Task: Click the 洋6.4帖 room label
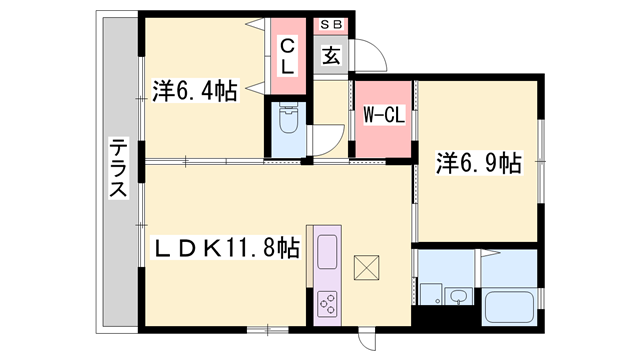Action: [x=195, y=92]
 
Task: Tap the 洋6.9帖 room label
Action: [x=479, y=163]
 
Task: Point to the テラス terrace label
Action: [x=117, y=168]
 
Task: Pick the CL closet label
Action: [x=286, y=56]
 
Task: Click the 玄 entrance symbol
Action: [x=331, y=56]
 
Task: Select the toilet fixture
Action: [x=288, y=126]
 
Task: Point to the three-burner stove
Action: [x=328, y=302]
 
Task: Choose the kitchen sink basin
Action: [x=328, y=251]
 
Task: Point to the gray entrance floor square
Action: [x=331, y=56]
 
